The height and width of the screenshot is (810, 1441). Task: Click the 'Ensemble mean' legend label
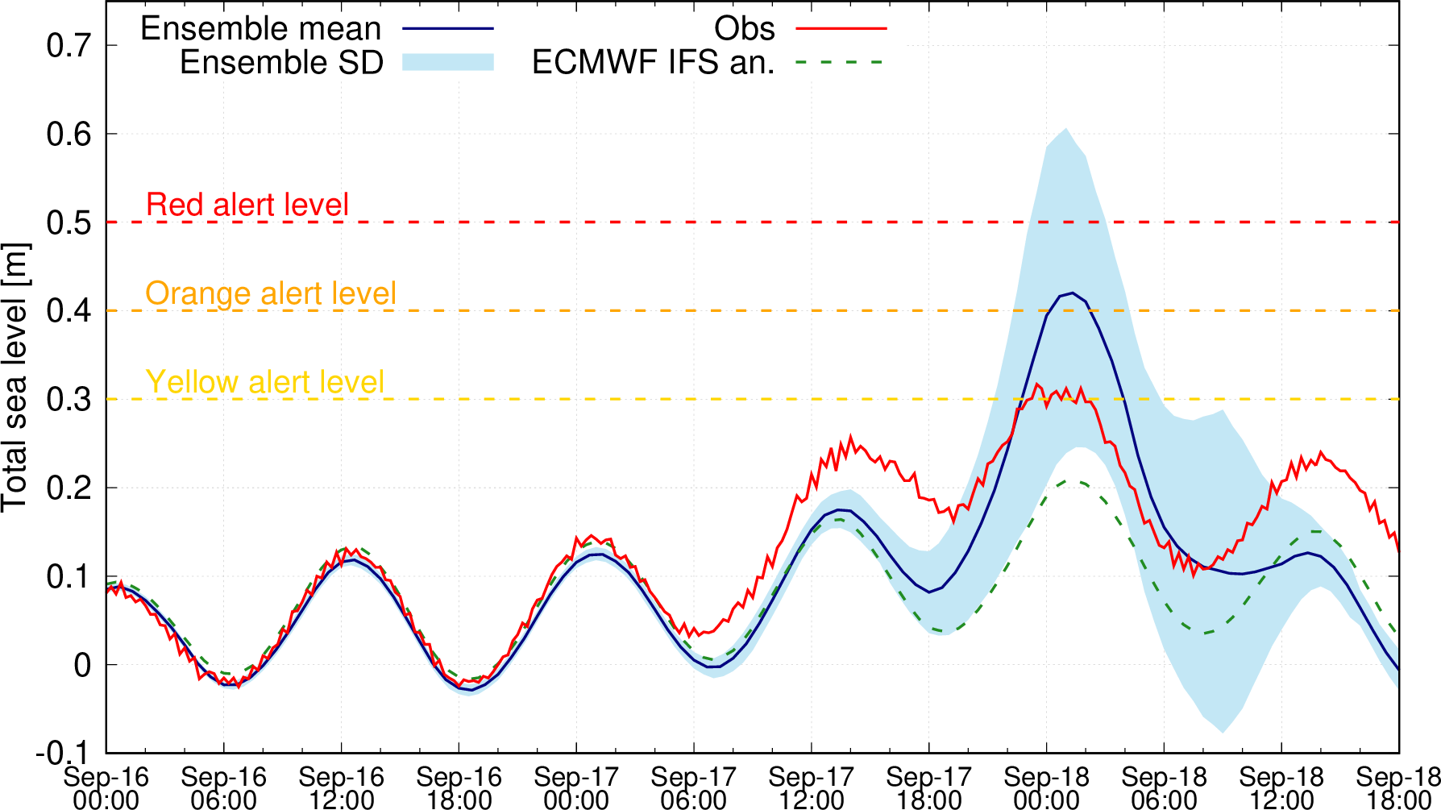click(x=260, y=29)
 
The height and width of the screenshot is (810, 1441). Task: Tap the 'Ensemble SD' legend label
click(x=281, y=63)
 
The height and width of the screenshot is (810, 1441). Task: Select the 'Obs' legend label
click(x=744, y=29)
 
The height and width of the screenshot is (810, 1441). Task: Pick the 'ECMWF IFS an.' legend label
click(x=653, y=63)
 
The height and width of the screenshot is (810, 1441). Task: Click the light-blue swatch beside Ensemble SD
click(x=448, y=63)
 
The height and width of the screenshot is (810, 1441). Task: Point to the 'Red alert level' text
click(x=247, y=205)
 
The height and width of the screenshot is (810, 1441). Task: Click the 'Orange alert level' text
click(x=271, y=293)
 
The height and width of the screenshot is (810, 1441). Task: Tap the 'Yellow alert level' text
click(x=265, y=382)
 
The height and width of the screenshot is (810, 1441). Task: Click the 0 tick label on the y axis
click(x=83, y=666)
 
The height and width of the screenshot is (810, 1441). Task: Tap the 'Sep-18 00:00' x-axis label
click(x=1046, y=788)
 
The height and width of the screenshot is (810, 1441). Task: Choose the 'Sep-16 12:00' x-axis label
click(x=341, y=788)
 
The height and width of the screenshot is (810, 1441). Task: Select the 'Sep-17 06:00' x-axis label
click(x=694, y=788)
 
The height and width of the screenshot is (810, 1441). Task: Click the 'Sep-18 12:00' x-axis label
click(x=1281, y=788)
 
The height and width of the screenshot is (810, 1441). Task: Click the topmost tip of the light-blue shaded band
click(x=1065, y=128)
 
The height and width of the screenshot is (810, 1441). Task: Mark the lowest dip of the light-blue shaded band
click(x=1223, y=733)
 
